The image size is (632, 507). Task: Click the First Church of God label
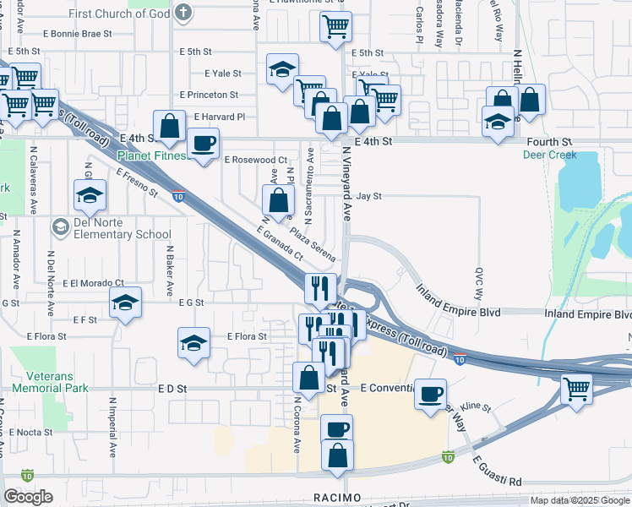(121, 14)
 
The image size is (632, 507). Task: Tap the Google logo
(28, 497)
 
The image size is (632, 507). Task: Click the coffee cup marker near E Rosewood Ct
(202, 144)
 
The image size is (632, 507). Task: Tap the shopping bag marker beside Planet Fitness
(170, 126)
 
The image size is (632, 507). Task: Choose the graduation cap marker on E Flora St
(194, 343)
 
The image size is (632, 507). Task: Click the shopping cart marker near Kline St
(577, 390)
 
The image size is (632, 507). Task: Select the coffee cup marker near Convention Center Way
(432, 393)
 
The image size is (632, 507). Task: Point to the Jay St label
(369, 196)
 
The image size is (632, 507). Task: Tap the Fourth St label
(549, 142)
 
